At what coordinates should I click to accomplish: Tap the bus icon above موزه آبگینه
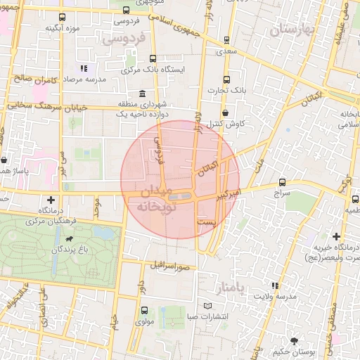(63, 17)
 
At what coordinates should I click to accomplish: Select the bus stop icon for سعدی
(226, 40)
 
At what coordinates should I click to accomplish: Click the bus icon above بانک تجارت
(226, 79)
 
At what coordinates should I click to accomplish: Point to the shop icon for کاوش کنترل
(225, 112)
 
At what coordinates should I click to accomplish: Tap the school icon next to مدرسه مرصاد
(84, 69)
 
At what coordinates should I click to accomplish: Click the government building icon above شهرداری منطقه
(143, 94)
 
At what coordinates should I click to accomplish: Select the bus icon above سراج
(283, 181)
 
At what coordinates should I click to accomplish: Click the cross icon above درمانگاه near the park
(51, 200)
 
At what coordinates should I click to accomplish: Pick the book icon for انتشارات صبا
(206, 306)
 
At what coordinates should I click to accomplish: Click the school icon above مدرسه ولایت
(275, 285)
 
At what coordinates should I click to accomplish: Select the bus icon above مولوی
(143, 310)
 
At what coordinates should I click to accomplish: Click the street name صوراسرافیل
(171, 266)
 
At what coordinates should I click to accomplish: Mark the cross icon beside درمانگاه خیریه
(336, 236)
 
